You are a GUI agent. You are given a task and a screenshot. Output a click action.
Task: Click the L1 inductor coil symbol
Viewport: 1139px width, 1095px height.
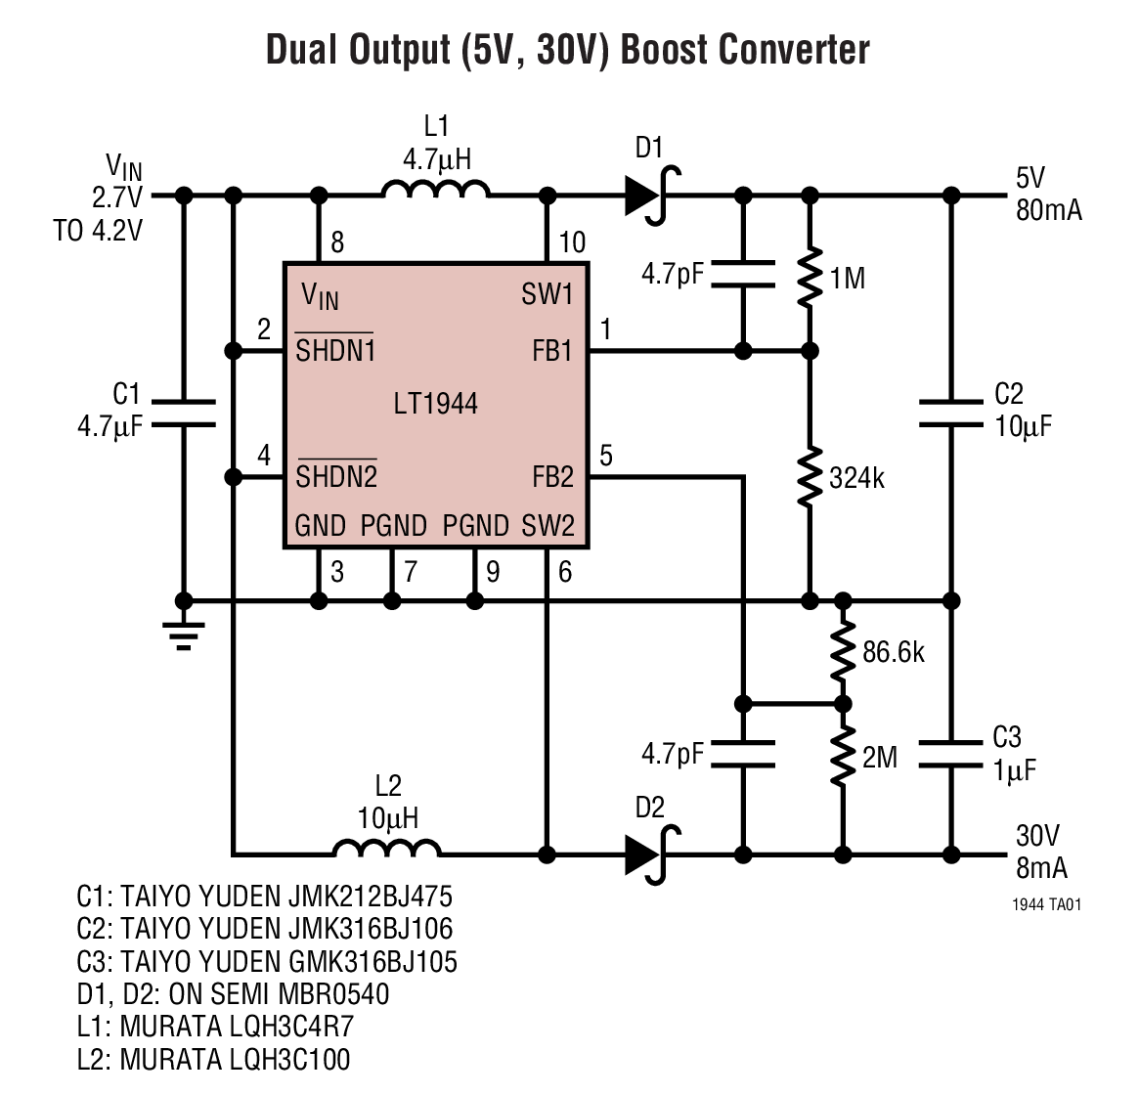click(x=435, y=189)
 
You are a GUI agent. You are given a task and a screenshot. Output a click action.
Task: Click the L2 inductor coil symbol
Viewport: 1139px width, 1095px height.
click(x=386, y=848)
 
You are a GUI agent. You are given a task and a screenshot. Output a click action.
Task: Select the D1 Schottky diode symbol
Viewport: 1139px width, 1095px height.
click(x=650, y=195)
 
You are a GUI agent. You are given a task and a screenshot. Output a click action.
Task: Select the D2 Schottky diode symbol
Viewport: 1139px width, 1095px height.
click(x=650, y=853)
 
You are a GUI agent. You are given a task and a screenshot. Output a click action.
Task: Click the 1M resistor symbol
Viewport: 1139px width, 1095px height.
click(x=809, y=279)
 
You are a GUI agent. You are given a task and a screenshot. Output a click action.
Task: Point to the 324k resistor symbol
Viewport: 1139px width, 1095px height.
click(x=809, y=477)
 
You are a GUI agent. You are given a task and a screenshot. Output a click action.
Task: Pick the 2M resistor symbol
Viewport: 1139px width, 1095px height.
click(x=841, y=755)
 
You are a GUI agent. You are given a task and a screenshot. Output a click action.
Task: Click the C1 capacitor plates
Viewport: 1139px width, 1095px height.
click(x=183, y=412)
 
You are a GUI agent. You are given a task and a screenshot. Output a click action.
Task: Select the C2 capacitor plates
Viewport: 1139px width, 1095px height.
click(x=949, y=412)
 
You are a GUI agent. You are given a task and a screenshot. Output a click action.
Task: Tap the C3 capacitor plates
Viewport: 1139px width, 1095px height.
click(x=949, y=754)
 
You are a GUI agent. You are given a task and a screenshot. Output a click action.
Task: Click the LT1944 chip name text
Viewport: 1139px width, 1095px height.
click(x=436, y=403)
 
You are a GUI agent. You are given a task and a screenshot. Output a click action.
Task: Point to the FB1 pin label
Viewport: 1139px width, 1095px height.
click(x=552, y=351)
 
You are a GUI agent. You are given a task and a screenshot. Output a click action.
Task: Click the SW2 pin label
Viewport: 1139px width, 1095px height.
click(x=548, y=526)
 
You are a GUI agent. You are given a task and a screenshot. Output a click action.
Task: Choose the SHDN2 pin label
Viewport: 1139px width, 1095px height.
click(x=336, y=477)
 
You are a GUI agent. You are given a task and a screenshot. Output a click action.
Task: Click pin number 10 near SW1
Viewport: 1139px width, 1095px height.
click(x=571, y=242)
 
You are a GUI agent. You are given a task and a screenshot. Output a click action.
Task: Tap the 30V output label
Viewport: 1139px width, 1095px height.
click(x=1037, y=836)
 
